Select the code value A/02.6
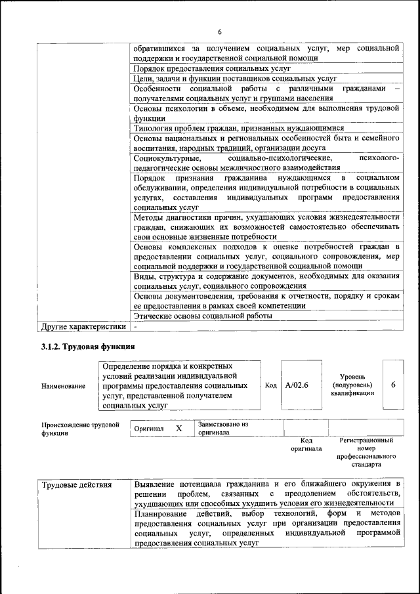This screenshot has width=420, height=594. point(297,385)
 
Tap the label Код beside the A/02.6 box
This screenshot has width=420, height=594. point(270,385)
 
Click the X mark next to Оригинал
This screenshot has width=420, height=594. point(178,428)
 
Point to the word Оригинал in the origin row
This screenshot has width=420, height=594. point(148,428)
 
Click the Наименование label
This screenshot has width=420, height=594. point(63,386)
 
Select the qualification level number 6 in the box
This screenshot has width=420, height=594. point(393,385)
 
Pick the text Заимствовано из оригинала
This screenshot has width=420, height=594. point(223,429)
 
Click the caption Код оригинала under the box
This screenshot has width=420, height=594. point(305,444)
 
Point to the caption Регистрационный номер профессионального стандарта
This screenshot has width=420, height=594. point(366,452)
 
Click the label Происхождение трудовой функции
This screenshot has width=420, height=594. point(80,429)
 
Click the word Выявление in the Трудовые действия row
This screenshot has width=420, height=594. point(159,484)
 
